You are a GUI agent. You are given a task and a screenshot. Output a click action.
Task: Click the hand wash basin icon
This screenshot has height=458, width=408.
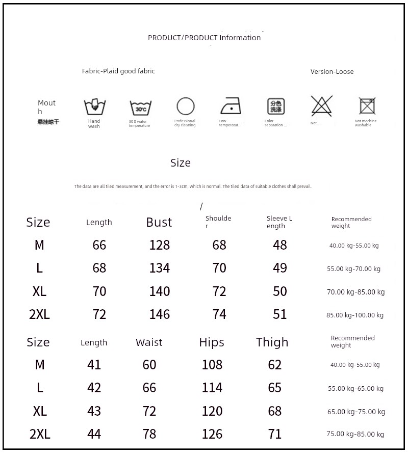(94, 107)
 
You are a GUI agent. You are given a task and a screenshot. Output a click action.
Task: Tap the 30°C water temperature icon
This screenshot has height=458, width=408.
(140, 107)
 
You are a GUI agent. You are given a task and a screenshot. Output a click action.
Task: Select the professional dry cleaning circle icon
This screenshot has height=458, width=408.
(186, 106)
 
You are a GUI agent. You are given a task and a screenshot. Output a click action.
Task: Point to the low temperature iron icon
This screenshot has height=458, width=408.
(231, 106)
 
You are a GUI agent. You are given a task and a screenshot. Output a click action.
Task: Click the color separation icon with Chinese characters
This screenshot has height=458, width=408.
(276, 106)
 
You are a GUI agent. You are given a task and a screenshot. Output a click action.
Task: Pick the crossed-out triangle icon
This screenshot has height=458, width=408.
(322, 106)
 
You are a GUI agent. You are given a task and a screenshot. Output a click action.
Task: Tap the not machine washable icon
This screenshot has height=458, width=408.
(367, 106)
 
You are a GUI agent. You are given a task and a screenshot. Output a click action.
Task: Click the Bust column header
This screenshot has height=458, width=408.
(159, 222)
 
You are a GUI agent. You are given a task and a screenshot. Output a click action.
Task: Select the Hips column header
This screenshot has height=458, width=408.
(212, 342)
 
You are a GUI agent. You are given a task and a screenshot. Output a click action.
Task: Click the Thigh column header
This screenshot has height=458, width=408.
(272, 342)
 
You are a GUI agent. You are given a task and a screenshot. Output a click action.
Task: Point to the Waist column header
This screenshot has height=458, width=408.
(149, 342)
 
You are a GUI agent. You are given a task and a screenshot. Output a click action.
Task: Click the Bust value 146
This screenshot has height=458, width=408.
(160, 314)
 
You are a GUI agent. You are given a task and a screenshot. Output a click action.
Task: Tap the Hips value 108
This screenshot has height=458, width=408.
(212, 365)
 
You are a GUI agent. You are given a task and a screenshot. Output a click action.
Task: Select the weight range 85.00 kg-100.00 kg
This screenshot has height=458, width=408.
(355, 315)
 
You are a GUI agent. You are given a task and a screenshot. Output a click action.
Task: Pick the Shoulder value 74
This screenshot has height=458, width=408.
(219, 314)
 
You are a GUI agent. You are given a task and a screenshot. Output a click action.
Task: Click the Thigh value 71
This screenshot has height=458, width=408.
(275, 434)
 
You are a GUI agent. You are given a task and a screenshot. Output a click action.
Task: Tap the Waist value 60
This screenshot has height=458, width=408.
(149, 365)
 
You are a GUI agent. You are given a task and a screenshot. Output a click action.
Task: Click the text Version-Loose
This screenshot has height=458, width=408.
(332, 72)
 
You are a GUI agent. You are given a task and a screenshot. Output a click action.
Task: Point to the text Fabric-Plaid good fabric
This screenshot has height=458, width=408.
(118, 71)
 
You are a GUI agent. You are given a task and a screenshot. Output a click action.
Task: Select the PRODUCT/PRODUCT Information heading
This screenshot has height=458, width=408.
(204, 38)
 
